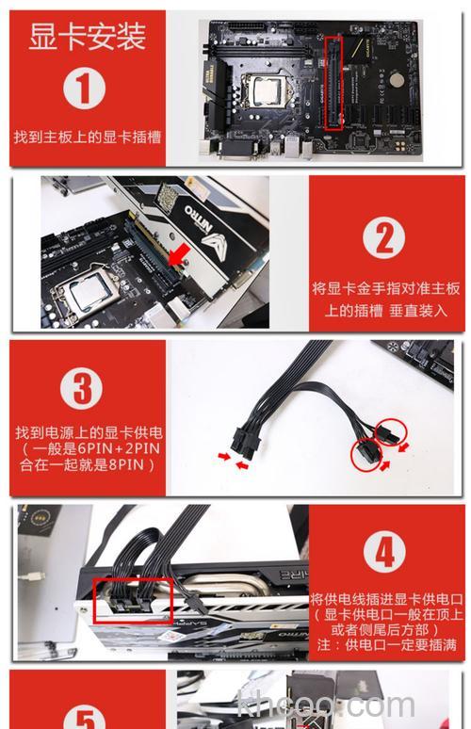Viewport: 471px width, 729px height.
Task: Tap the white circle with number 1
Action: click(x=86, y=89)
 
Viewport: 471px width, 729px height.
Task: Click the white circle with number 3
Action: click(x=86, y=390)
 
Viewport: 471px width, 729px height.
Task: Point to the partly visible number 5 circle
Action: click(x=86, y=714)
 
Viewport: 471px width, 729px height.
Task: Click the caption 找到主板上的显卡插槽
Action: click(x=87, y=137)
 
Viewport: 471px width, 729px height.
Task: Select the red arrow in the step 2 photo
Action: click(x=178, y=253)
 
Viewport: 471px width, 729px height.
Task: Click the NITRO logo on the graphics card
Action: click(x=201, y=209)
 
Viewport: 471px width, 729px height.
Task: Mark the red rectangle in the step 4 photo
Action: click(x=132, y=600)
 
